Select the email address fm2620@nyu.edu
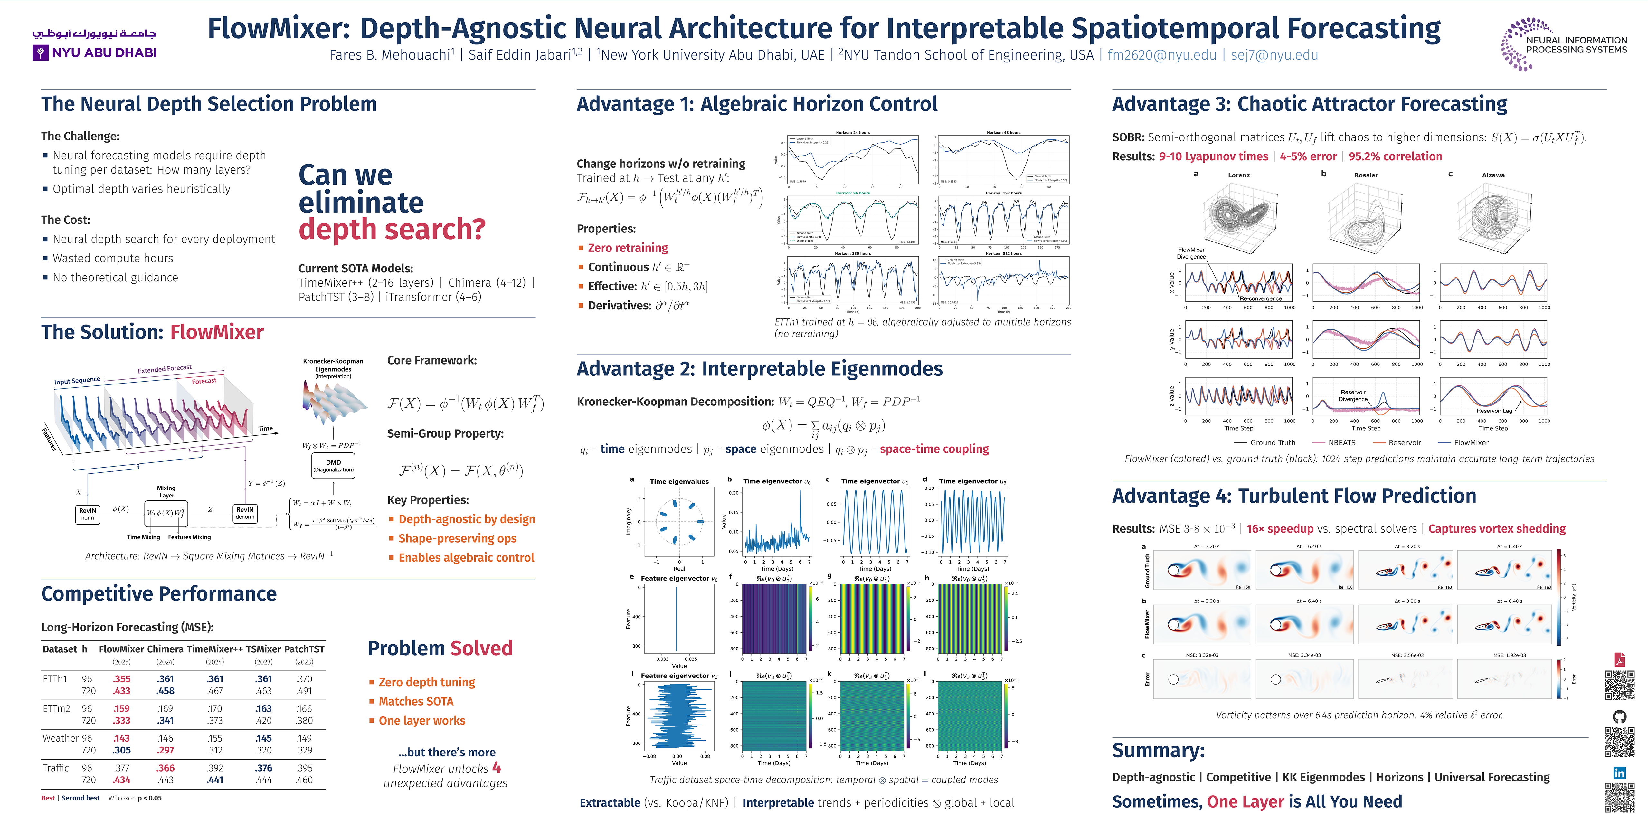click(1162, 55)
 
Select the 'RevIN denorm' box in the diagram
click(245, 513)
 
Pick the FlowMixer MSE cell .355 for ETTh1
click(121, 679)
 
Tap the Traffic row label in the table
click(56, 768)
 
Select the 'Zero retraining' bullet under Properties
click(628, 248)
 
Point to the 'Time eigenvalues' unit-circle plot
click(679, 521)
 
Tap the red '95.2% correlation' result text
click(1395, 157)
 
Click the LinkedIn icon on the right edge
click(1619, 773)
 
